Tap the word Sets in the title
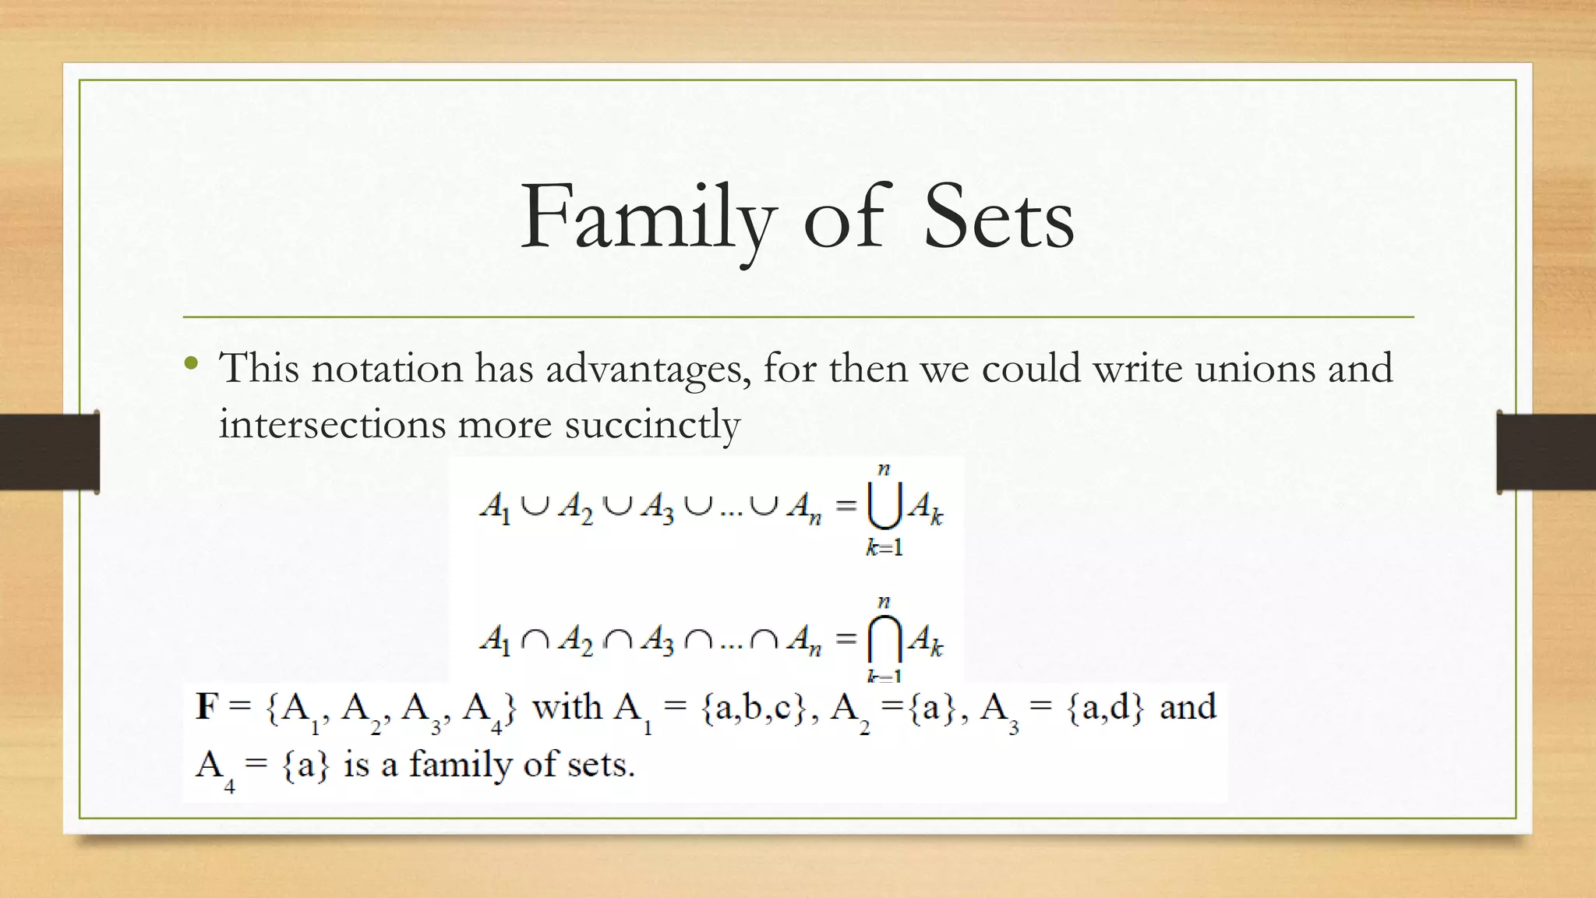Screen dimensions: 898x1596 point(998,218)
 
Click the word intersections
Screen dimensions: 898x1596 point(332,425)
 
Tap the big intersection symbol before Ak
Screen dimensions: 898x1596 point(884,639)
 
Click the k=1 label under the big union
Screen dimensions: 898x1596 point(884,548)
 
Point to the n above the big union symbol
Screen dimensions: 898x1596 point(884,469)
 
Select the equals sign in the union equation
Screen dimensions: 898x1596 point(846,507)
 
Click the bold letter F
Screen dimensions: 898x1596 point(207,707)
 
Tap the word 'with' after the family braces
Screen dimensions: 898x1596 point(567,708)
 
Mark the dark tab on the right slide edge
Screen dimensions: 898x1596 point(1546,452)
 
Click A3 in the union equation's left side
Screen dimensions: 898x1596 point(657,508)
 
